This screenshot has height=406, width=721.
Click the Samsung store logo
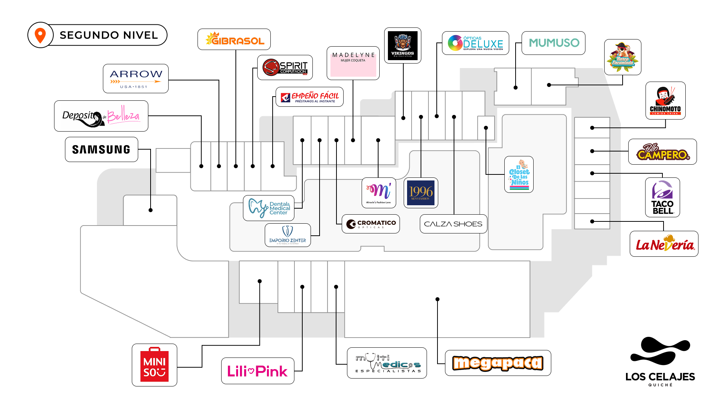[x=101, y=150]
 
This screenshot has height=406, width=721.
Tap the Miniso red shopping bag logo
[x=154, y=365]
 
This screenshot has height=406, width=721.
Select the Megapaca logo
[x=498, y=363]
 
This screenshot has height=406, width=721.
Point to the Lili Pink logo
[x=258, y=371]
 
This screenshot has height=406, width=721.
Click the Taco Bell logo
[x=662, y=197]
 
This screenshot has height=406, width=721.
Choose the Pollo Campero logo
[x=662, y=152]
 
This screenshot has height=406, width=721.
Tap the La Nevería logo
[x=664, y=244]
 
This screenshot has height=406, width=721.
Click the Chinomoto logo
[x=665, y=101]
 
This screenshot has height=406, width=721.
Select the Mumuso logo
[x=554, y=43]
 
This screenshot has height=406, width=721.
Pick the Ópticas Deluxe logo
[x=475, y=43]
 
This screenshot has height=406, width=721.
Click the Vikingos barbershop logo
[x=403, y=45]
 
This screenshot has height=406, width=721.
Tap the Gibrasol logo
[x=234, y=39]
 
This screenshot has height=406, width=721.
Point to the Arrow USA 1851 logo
[x=136, y=79]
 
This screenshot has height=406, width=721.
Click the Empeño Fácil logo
[x=309, y=97]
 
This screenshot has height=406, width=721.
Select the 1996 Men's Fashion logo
[x=421, y=193]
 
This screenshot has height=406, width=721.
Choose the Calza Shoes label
[x=453, y=224]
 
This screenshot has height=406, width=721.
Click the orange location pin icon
[x=40, y=35]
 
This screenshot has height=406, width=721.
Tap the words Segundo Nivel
[x=109, y=35]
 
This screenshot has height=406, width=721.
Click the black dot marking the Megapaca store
[x=437, y=299]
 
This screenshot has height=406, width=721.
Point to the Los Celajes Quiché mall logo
[x=660, y=361]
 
